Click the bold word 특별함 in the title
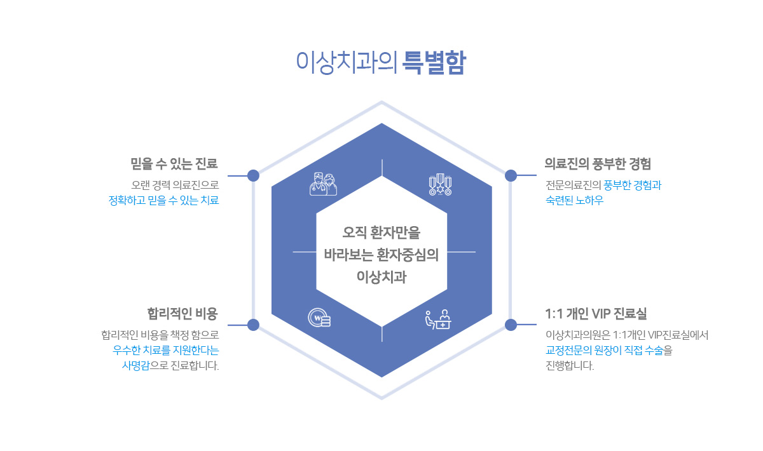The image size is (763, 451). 434,63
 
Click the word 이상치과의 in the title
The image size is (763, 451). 347,63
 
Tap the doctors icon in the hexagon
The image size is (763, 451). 323,184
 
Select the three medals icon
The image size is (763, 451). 440,184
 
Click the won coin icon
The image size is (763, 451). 319,318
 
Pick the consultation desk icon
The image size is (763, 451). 438,320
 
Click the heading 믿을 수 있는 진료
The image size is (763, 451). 174,163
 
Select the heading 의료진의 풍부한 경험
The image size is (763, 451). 598,163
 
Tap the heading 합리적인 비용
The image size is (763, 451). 182,314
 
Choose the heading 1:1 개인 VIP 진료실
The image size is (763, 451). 596,314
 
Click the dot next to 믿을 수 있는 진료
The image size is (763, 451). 253,175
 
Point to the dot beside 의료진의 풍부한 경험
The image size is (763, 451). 511,175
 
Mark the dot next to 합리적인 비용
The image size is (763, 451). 253,325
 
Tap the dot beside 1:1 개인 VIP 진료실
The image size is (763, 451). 511,325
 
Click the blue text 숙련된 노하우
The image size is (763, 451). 574,200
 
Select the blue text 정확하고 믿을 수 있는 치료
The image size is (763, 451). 163,200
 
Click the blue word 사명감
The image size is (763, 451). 135,366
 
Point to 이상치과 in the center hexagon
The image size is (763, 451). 381,277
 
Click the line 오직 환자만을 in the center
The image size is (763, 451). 381,232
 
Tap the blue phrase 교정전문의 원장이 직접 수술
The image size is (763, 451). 605,350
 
